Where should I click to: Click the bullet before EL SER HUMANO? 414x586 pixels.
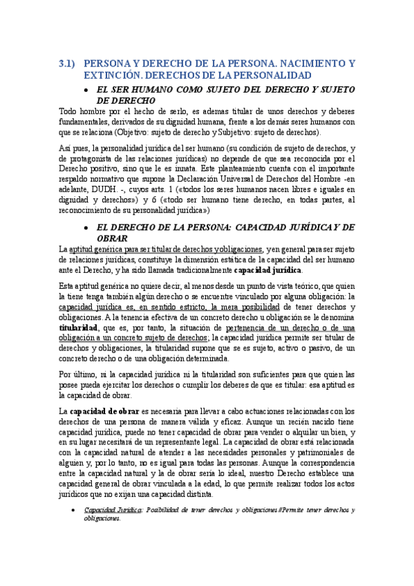(84, 90)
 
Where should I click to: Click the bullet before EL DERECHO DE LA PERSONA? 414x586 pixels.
(84, 227)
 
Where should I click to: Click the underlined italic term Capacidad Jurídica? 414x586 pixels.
(113, 510)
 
